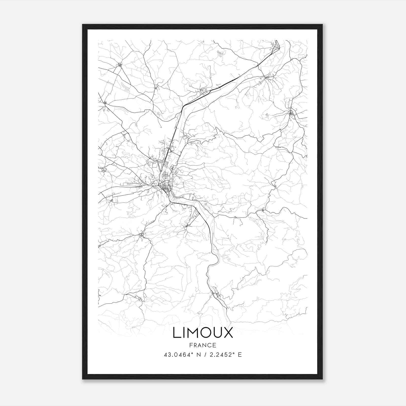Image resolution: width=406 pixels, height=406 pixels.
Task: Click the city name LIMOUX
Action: point(203,333)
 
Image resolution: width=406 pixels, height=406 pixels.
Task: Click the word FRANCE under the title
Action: point(203,345)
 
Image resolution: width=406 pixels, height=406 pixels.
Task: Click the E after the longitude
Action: point(240,355)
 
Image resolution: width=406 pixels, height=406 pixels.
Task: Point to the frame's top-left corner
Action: point(83,25)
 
